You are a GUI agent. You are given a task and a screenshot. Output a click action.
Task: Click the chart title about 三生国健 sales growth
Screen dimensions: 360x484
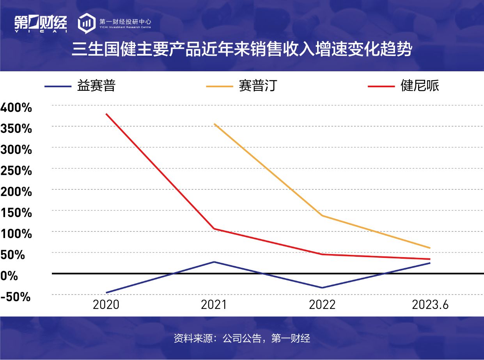[242, 50]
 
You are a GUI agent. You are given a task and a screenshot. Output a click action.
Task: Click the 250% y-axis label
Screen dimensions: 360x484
[16, 171]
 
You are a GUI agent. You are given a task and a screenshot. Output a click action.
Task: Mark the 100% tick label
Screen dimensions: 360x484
[16, 234]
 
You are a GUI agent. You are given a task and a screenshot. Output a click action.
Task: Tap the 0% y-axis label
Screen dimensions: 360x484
[9, 276]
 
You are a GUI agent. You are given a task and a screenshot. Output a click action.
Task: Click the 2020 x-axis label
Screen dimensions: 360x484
[106, 305]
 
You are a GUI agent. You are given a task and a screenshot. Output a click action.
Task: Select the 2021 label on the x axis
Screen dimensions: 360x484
[214, 305]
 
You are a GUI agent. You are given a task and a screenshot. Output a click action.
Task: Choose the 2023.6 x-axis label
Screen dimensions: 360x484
[430, 305]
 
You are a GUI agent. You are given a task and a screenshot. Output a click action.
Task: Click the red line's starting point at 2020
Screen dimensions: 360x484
[106, 114]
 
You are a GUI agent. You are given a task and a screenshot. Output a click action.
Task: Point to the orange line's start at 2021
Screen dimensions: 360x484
[214, 124]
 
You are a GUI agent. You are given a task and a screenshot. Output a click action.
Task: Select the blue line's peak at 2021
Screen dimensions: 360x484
[214, 262]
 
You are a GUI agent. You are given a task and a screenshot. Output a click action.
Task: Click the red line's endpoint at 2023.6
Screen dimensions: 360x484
[430, 259]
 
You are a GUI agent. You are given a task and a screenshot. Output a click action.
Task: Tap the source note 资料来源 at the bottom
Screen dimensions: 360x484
[242, 338]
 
